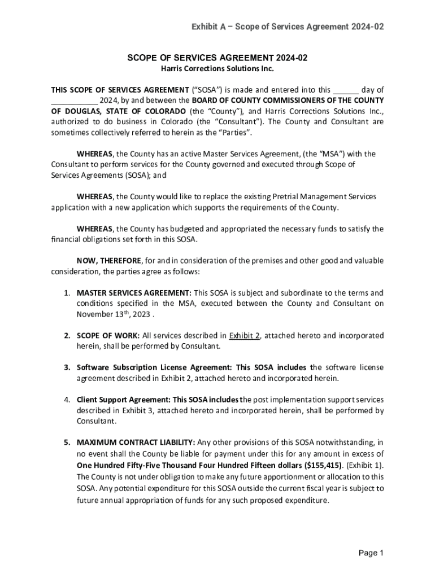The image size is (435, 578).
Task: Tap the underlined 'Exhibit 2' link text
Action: click(244, 335)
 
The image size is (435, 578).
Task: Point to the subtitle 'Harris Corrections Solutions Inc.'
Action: click(217, 69)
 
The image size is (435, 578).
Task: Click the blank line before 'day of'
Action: click(345, 90)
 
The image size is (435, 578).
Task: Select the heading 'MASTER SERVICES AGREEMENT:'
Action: click(134, 293)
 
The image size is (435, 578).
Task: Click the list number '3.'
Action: click(67, 367)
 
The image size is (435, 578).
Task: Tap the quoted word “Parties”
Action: click(234, 133)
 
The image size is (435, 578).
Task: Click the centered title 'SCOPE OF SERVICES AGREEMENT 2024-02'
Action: click(217, 58)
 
